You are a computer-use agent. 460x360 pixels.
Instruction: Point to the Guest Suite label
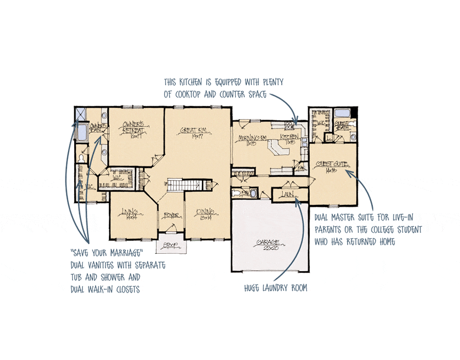[x=329, y=166]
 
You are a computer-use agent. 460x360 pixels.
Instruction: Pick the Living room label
[x=130, y=212]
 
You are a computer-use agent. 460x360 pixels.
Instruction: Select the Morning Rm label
[x=247, y=140]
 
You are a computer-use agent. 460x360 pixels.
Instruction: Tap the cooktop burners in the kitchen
[x=288, y=125]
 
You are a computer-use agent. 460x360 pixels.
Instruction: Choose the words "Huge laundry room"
[x=276, y=288]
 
